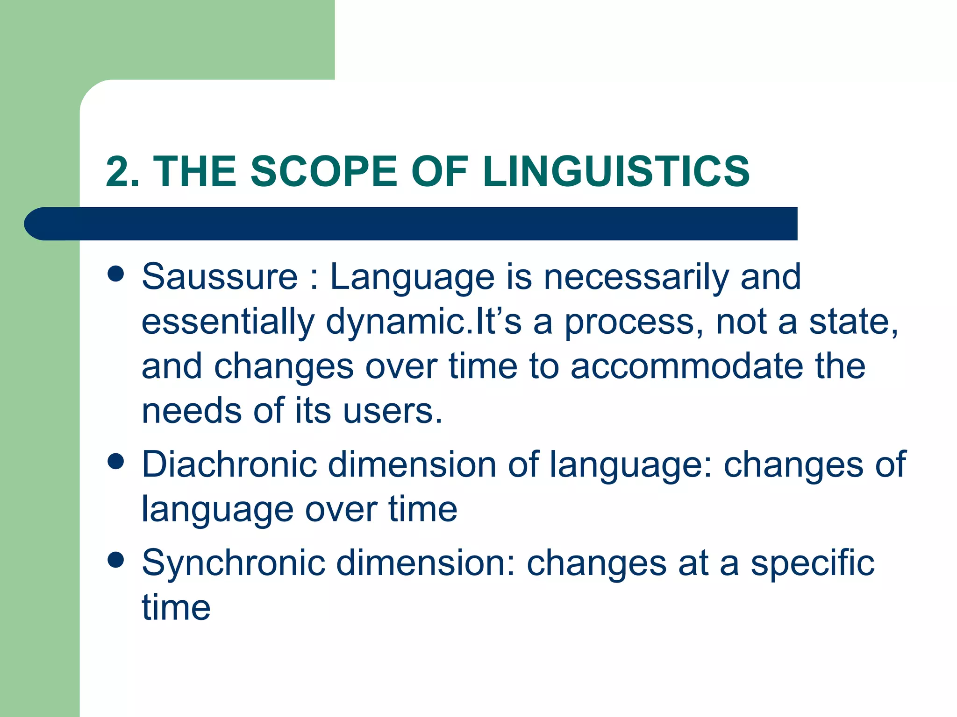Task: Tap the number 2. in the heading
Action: click(x=123, y=171)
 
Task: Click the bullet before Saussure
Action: click(x=115, y=274)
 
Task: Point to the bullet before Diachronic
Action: click(x=115, y=462)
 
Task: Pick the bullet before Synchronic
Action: click(x=115, y=560)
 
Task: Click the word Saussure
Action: click(x=220, y=276)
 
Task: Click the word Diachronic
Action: click(x=229, y=464)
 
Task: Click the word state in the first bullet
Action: click(x=853, y=322)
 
